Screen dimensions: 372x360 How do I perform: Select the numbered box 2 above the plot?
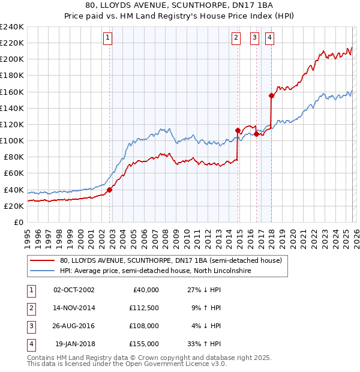pos(236,38)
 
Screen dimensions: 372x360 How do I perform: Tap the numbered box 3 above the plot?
pos(255,38)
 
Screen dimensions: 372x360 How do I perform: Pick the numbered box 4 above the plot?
pos(270,38)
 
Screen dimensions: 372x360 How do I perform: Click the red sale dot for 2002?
pos(109,190)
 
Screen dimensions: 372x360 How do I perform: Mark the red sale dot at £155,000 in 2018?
pos(271,95)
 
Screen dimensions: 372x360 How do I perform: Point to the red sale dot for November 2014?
pos(238,130)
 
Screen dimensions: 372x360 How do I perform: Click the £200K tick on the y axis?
pos(12,59)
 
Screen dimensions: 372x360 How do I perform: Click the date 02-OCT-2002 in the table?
pos(74,290)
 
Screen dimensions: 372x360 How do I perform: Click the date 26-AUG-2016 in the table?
pos(74,326)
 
